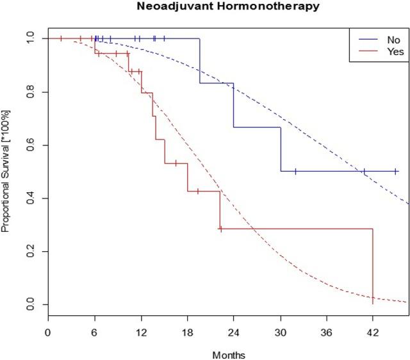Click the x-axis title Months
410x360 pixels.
click(x=230, y=353)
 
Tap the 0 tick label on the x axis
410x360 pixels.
click(x=47, y=333)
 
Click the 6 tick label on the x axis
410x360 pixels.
click(x=94, y=333)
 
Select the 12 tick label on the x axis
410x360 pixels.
click(x=140, y=333)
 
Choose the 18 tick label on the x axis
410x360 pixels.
click(x=187, y=333)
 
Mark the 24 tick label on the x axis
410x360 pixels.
click(x=233, y=333)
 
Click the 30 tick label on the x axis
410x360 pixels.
click(x=280, y=333)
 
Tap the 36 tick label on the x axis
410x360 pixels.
click(x=327, y=333)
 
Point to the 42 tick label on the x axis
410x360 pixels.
click(x=373, y=333)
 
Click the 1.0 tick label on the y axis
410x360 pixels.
click(x=28, y=38)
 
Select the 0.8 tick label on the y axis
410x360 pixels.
click(x=28, y=92)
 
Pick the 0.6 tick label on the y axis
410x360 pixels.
click(x=28, y=145)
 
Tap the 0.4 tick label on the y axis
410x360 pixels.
click(x=28, y=198)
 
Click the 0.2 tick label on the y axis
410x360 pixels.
click(x=28, y=251)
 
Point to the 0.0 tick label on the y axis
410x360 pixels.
click(x=28, y=304)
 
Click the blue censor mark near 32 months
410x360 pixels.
click(x=295, y=172)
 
